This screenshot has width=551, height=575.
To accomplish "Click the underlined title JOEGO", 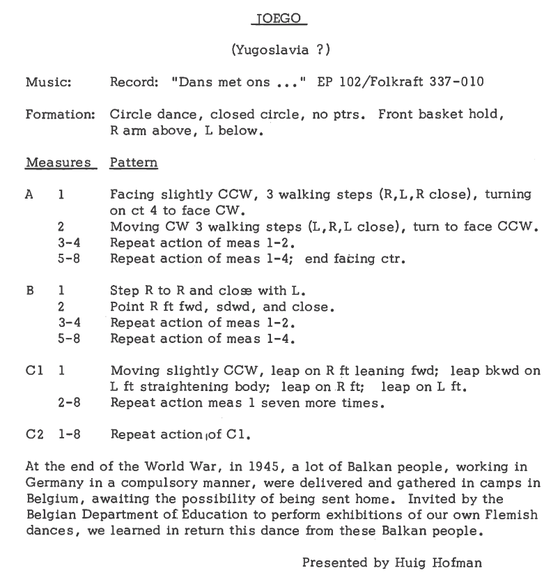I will [x=279, y=20].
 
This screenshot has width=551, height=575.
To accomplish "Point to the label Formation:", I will [x=60, y=114].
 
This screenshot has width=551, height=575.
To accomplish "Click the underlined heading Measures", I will [x=59, y=163].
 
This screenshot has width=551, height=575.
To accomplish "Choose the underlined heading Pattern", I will [x=134, y=163].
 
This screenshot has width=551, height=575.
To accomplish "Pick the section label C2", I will [x=33, y=435].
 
